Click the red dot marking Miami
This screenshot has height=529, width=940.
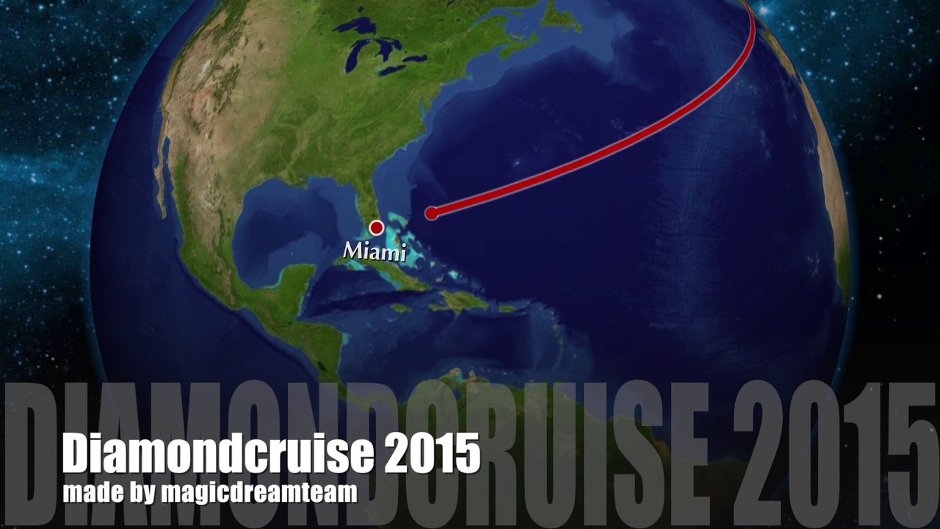(x=377, y=228)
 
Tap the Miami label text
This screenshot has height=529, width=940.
(x=375, y=251)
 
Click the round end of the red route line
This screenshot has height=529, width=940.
(x=432, y=213)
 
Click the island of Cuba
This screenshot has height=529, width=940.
(x=397, y=276)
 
